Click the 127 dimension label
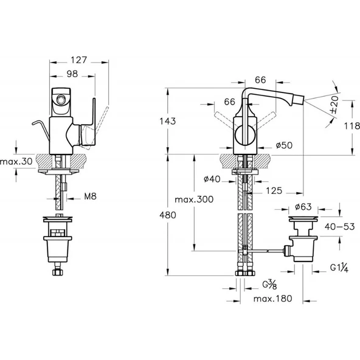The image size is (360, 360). pyautogui.click(x=79, y=60)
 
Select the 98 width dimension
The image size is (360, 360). pyautogui.click(x=72, y=74)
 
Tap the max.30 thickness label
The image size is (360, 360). pyautogui.click(x=16, y=161)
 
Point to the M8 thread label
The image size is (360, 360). pyautogui.click(x=90, y=196)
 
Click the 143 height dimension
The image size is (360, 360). pyautogui.click(x=168, y=121)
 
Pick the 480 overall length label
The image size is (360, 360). pyautogui.click(x=168, y=215)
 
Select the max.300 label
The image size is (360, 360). pyautogui.click(x=194, y=199)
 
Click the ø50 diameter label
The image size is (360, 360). pyautogui.click(x=284, y=145)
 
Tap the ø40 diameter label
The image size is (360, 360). pyautogui.click(x=212, y=179)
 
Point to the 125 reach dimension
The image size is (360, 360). pyautogui.click(x=274, y=190)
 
